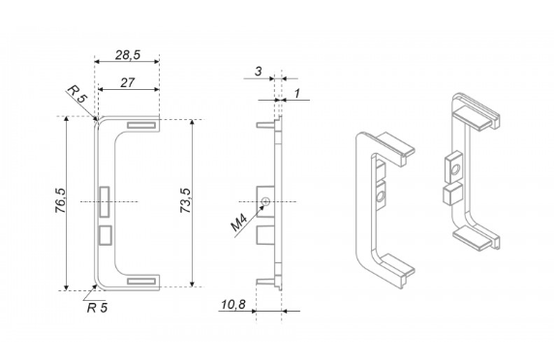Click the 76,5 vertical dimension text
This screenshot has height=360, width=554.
60,205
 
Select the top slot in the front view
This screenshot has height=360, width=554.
140,124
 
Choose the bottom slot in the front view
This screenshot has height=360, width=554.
140,281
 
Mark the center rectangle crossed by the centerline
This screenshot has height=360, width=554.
105,200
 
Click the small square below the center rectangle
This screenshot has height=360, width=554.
105,234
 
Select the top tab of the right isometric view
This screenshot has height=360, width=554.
479,117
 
